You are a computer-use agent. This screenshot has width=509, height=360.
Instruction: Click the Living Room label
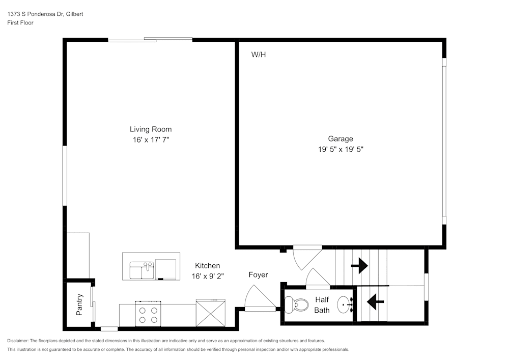pos(150,129)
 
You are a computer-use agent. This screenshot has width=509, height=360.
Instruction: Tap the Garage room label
pos(340,139)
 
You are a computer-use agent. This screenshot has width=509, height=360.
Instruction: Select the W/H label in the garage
pos(259,54)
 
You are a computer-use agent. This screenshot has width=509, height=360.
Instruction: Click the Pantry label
pos(79,304)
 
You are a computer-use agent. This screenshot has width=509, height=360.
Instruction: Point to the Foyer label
pos(258,275)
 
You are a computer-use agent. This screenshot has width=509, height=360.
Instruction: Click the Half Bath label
pos(322,304)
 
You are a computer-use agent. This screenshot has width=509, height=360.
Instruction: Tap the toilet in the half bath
pos(297,305)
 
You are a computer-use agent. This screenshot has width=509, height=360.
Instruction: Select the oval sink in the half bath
pos(346,305)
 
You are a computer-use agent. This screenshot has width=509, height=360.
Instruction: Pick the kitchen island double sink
pos(142,270)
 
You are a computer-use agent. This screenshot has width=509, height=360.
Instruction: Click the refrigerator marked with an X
pos(211,313)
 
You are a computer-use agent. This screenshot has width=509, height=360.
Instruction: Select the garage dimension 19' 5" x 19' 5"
pos(340,150)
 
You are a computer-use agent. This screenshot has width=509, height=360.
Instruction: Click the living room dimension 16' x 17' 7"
pos(150,140)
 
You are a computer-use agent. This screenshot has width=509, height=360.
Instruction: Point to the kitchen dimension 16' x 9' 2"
pos(208,276)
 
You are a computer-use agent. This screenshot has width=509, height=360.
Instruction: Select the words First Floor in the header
pos(20,23)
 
